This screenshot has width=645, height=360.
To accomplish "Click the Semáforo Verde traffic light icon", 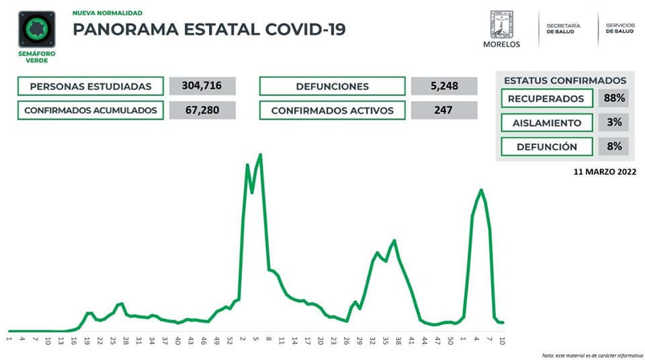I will [36, 29].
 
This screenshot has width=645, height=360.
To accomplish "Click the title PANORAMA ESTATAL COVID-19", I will [209, 30].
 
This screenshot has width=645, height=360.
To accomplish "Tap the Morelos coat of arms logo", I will [501, 25].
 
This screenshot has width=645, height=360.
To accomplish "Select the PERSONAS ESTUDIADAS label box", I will [91, 86].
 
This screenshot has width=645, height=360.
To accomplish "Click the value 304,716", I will [202, 86].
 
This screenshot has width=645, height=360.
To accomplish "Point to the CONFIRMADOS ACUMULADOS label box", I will [91, 110].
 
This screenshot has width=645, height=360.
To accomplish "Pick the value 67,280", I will [202, 110].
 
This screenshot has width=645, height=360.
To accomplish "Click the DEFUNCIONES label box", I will [332, 86].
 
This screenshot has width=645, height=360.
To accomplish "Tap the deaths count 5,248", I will [443, 86].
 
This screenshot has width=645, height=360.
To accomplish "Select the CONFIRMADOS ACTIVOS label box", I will [332, 110].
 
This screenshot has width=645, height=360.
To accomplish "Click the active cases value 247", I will [443, 110].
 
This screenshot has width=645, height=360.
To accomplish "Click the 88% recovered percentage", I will [614, 99].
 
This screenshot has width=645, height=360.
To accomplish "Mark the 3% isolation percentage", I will [614, 123].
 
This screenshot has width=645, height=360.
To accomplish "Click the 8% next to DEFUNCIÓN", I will [614, 146].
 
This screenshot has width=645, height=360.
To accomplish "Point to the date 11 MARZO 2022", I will [601, 172].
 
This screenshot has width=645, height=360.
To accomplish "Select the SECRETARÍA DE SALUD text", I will [563, 29].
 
